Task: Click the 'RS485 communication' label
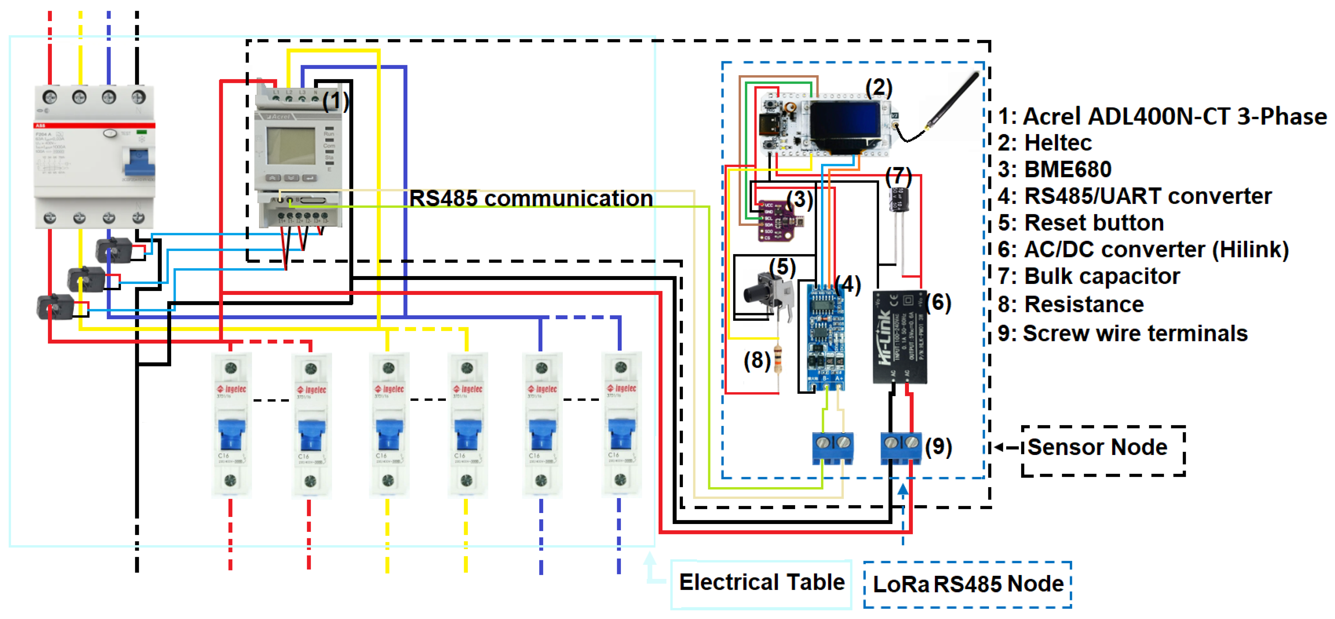[531, 198]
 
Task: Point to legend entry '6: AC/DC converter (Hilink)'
[1143, 250]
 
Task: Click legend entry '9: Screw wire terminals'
[1122, 333]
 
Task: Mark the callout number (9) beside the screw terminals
[938, 447]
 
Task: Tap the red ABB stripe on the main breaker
[94, 125]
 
